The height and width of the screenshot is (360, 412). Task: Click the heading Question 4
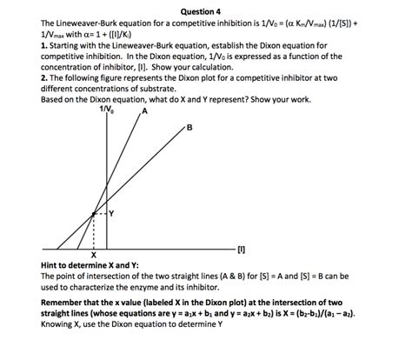point(205,10)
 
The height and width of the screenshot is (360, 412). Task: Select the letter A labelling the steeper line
point(145,111)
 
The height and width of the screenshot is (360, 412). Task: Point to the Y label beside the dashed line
point(111,211)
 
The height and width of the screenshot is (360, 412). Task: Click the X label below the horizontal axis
point(92,254)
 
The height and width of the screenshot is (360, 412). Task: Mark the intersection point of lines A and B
point(93,212)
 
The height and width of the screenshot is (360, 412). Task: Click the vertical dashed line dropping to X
point(93,230)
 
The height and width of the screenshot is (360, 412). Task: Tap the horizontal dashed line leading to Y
point(100,212)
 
